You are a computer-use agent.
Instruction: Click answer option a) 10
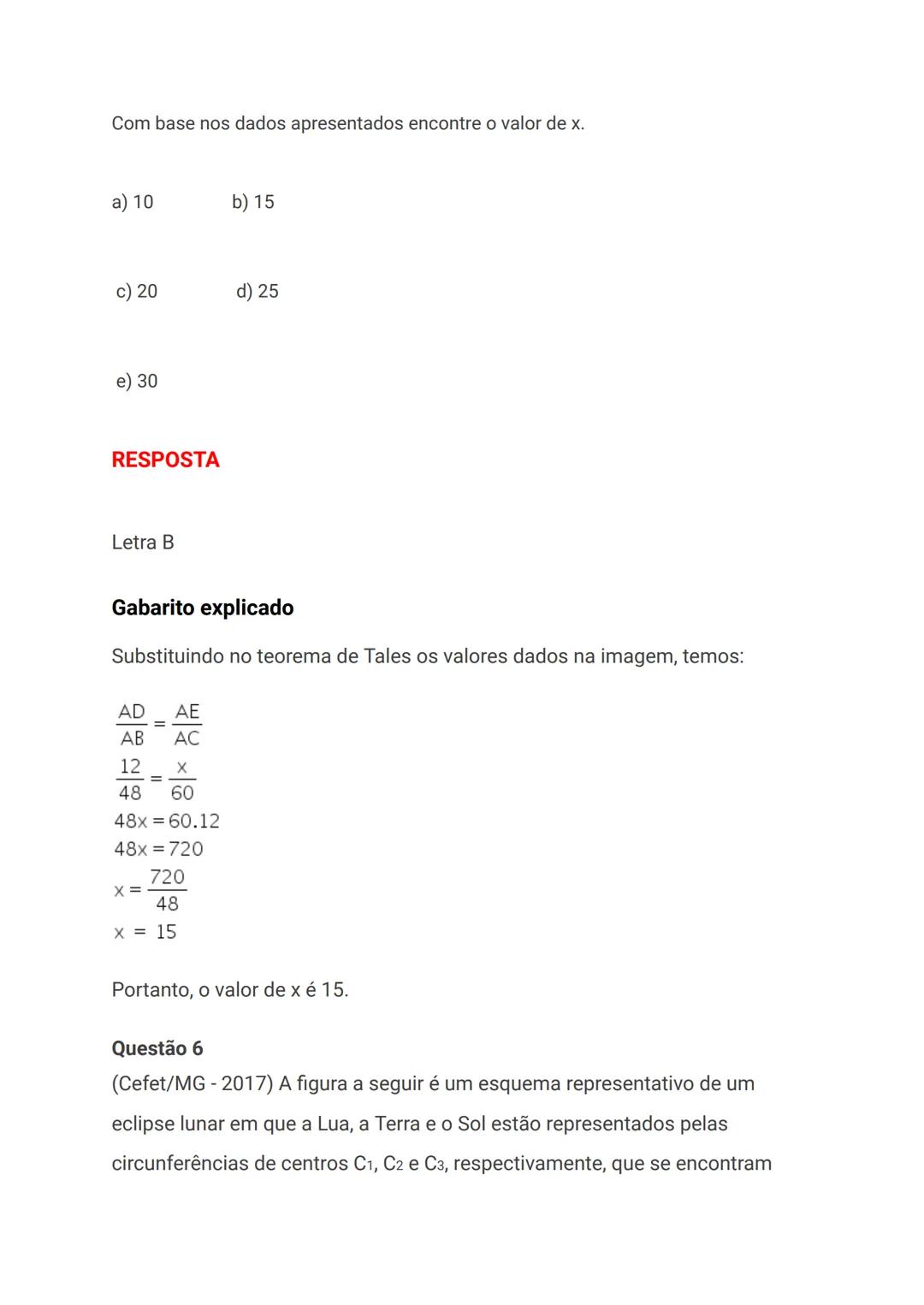click(x=133, y=203)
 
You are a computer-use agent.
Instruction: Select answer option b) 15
click(x=253, y=203)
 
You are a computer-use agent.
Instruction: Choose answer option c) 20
click(x=137, y=292)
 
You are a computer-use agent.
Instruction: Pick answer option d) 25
click(x=258, y=292)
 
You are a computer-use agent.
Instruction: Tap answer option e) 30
click(x=137, y=382)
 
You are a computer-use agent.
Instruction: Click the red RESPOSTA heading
click(x=165, y=460)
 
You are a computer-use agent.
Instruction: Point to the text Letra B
click(x=143, y=543)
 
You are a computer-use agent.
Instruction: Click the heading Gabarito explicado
click(x=203, y=608)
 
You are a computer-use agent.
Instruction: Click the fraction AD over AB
click(x=132, y=725)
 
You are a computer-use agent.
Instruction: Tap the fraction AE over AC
click(x=187, y=725)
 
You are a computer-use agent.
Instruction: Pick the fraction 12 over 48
click(x=130, y=780)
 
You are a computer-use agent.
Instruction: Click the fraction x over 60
click(x=181, y=780)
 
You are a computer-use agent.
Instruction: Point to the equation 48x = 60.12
click(x=167, y=822)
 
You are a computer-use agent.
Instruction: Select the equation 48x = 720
click(x=158, y=849)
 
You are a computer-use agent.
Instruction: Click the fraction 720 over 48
click(x=167, y=890)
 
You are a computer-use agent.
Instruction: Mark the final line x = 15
click(x=145, y=932)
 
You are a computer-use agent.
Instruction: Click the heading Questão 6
click(x=157, y=1048)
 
